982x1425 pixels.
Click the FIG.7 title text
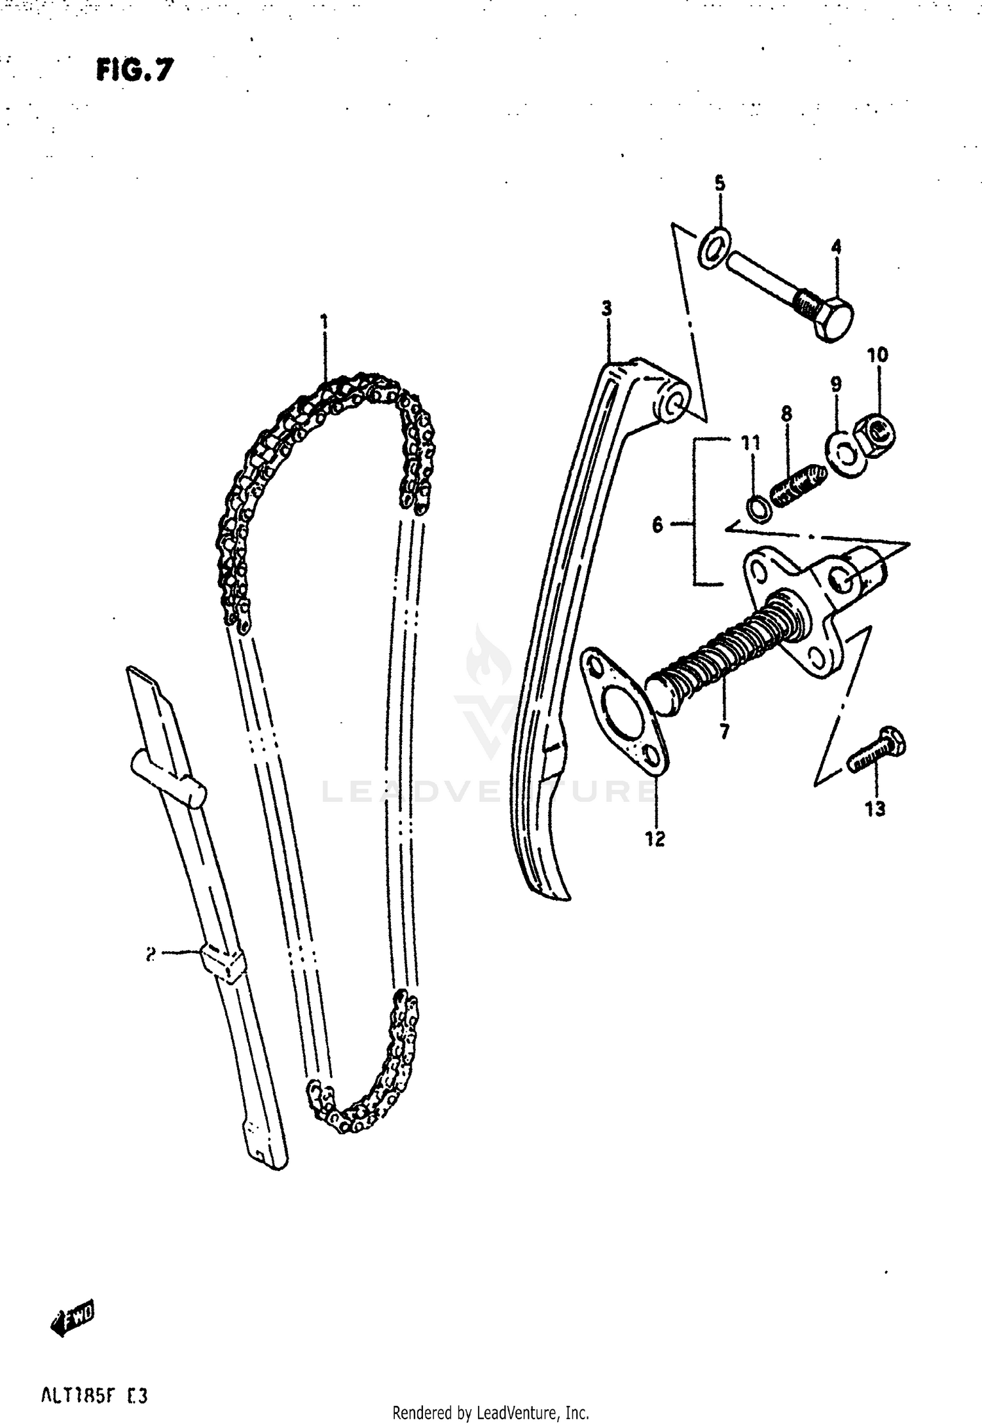point(135,70)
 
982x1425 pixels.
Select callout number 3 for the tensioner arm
point(607,308)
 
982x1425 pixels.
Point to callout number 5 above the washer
point(719,184)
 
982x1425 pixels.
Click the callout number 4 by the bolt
point(836,247)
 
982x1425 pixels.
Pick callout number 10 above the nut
point(877,355)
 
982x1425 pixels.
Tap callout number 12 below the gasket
point(655,839)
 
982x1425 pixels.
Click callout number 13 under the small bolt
point(875,809)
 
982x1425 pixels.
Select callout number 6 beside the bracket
point(657,524)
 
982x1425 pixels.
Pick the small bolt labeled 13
point(877,752)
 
